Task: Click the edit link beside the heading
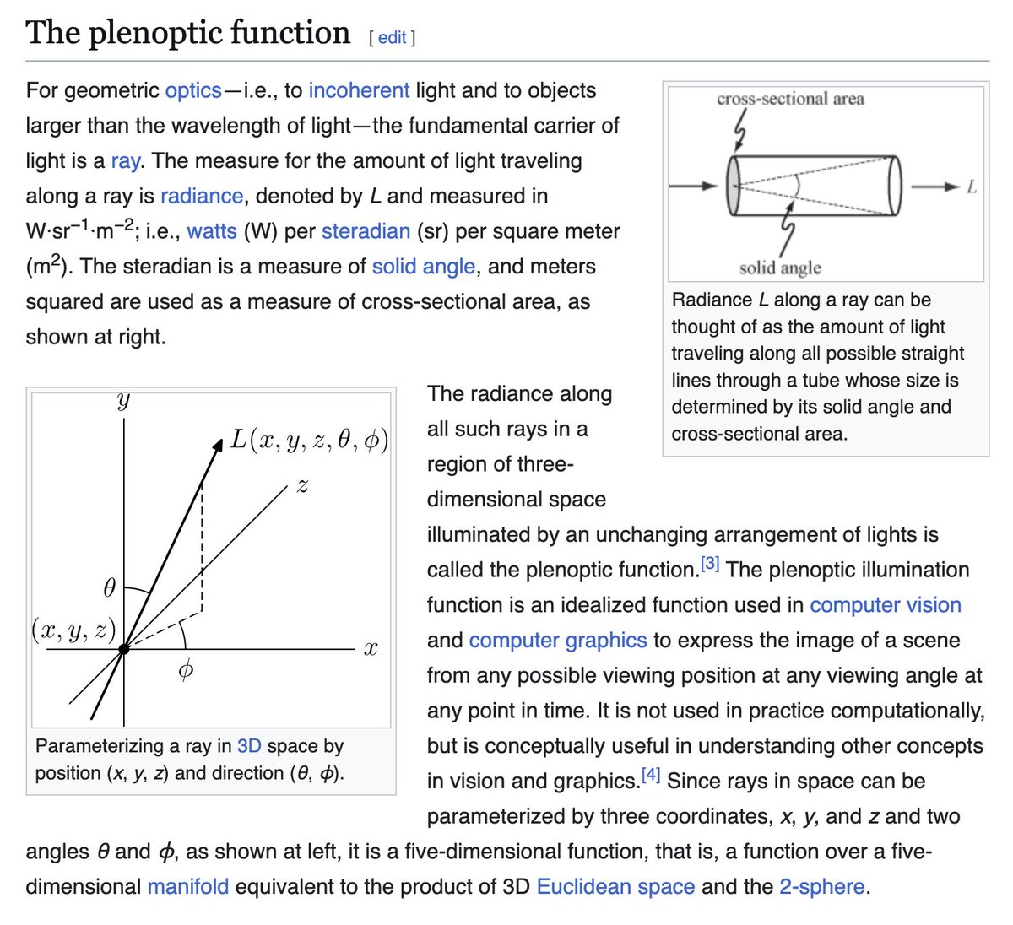393,38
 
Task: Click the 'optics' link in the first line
193,90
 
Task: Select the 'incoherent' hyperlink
359,90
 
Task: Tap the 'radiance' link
202,196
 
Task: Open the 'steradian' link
366,231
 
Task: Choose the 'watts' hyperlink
212,231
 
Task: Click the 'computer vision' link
886,605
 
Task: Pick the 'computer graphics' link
558,641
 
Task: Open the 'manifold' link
188,887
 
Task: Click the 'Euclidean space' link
615,887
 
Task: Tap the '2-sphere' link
821,887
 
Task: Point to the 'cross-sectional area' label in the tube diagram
790,99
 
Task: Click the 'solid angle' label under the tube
780,268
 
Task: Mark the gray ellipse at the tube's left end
733,186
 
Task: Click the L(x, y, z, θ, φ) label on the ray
310,440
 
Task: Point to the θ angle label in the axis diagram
109,588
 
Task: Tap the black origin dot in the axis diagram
124,649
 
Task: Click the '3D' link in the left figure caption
249,746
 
